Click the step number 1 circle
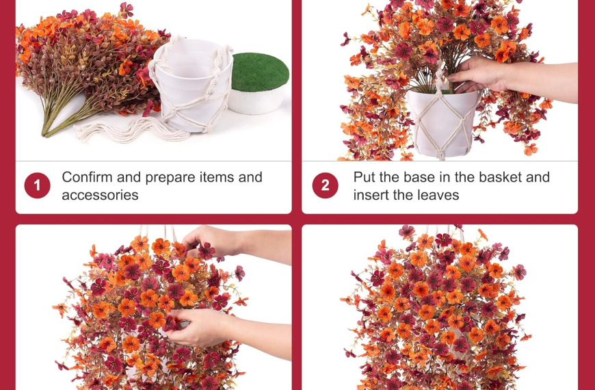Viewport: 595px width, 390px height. pos(37,185)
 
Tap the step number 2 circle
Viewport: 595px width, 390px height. pos(326,185)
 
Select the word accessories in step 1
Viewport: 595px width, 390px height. pos(100,195)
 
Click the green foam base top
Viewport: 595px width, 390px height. pos(261,72)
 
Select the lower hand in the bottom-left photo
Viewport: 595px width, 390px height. pos(199,327)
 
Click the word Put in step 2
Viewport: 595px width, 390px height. pos(365,177)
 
